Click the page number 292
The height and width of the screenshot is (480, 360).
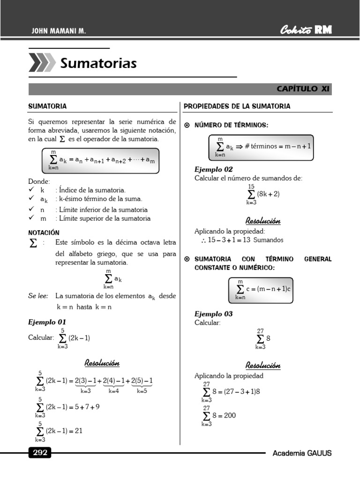(x=39, y=453)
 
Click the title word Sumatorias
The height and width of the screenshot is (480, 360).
(x=98, y=63)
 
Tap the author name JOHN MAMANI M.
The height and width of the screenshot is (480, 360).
(x=59, y=31)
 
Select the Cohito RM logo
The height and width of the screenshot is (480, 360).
(x=306, y=30)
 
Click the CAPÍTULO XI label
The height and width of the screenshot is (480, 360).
(x=303, y=89)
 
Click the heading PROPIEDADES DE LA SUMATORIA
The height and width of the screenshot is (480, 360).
(x=237, y=106)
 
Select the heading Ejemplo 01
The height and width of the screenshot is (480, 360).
(x=47, y=322)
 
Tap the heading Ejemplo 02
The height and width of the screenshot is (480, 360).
(x=214, y=170)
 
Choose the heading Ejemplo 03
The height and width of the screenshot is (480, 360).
(x=214, y=314)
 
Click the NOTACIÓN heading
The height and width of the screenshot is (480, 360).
(x=44, y=232)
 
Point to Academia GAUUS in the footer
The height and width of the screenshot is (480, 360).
(x=302, y=453)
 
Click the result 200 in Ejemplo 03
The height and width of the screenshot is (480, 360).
(x=230, y=415)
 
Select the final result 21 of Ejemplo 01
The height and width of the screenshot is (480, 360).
(x=78, y=431)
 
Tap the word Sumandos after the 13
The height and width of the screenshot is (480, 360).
(x=268, y=240)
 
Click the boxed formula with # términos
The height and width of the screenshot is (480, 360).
(x=261, y=147)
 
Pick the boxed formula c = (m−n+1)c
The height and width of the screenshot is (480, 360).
(x=261, y=289)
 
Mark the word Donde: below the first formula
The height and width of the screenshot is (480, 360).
(x=39, y=182)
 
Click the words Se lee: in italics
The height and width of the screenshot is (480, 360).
(x=38, y=296)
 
